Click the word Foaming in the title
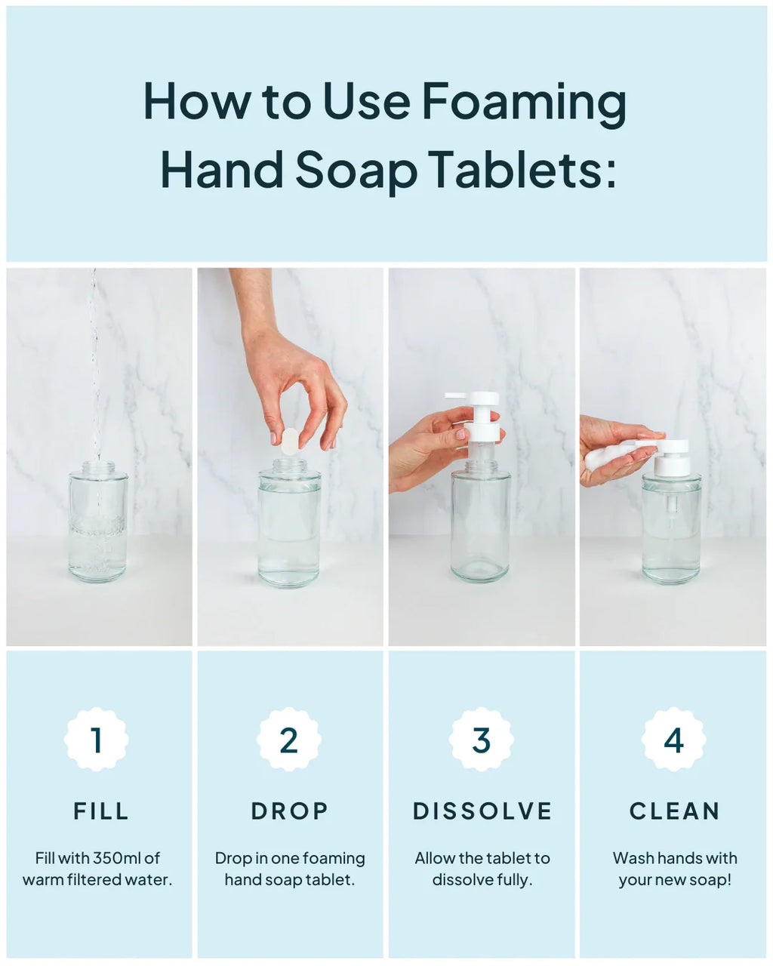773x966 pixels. click(524, 102)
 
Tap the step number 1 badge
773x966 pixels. click(97, 740)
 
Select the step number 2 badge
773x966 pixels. click(289, 740)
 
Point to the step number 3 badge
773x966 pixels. click(482, 740)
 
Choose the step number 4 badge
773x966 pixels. click(673, 740)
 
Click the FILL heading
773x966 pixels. click(101, 811)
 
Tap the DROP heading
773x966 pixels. click(290, 811)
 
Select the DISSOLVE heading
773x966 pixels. click(482, 811)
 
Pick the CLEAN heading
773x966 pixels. click(674, 811)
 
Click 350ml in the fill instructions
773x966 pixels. click(117, 858)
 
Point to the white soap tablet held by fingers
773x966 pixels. click(290, 441)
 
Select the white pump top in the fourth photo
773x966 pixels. click(671, 457)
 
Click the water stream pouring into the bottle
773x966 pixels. click(94, 362)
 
